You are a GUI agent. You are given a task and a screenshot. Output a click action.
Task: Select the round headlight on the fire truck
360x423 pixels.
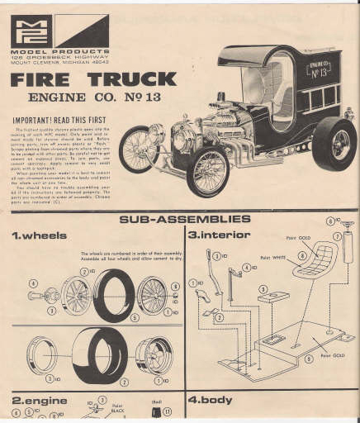pos(155,132)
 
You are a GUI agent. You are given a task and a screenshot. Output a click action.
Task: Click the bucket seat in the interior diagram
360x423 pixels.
pos(311,273)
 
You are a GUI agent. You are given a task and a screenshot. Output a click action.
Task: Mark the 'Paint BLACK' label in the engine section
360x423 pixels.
pos(118,407)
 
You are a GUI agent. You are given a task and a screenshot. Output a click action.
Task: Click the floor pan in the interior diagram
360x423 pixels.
pos(281,351)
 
